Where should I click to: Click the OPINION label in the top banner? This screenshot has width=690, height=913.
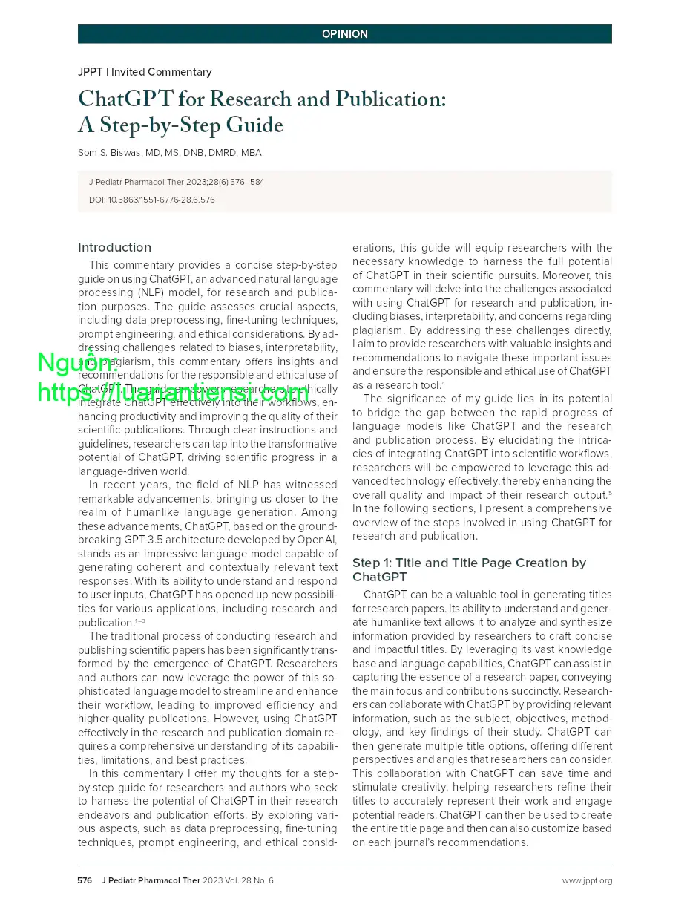[344, 34]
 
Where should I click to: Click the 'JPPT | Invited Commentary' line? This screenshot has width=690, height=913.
[145, 72]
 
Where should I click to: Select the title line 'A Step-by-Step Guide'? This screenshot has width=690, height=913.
[180, 125]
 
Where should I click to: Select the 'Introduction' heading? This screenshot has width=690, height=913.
[114, 247]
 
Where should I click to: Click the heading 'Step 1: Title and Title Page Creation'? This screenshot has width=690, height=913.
[469, 563]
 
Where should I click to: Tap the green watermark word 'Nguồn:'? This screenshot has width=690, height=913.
[77, 364]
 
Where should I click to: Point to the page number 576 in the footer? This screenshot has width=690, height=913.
[85, 880]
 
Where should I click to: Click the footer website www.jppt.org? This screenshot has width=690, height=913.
[586, 880]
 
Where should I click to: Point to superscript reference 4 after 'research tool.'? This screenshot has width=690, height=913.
[443, 382]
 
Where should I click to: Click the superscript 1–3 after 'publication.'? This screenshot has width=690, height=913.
[139, 621]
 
